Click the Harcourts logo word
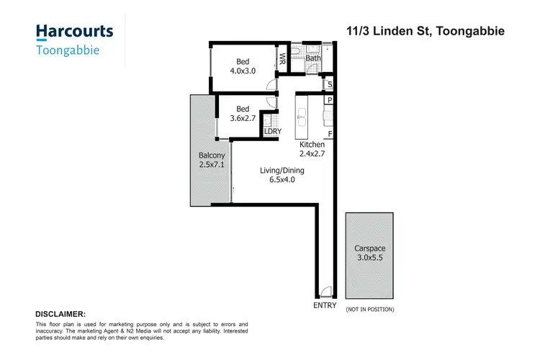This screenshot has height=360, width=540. [x=74, y=32]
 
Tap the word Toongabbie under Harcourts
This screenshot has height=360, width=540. [x=67, y=50]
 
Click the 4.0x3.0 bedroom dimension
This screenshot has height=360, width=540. [x=243, y=71]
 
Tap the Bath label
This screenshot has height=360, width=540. [x=313, y=58]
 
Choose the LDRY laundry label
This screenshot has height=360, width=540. [x=272, y=131]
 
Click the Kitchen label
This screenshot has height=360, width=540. [x=312, y=145]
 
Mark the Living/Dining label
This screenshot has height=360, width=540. [x=282, y=171]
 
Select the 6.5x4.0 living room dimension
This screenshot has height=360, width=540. [x=282, y=180]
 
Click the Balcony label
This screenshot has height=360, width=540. [x=212, y=156]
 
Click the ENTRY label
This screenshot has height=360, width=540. [x=325, y=306]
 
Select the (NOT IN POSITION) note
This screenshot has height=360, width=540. [x=369, y=309]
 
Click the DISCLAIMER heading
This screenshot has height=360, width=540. [x=60, y=314]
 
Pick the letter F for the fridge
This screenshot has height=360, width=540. [x=330, y=134]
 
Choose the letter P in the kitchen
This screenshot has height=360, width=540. [x=330, y=101]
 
